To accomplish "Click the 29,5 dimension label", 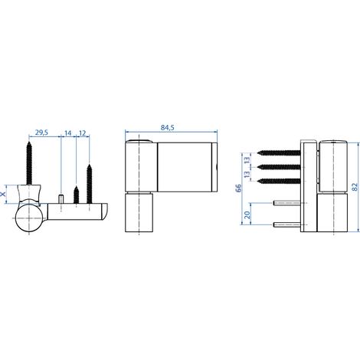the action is coord(41,133).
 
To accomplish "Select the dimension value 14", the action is coord(68,133).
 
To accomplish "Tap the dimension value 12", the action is coord(83,133).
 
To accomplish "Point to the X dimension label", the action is coord(4,195).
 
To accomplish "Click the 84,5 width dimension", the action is coord(167,127).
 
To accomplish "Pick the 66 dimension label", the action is coord(238,188).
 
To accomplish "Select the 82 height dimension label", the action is coord(355,187).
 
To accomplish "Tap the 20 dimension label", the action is coord(247,215).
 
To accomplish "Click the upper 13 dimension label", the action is coord(247,160).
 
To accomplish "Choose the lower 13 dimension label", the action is coord(247,175).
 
